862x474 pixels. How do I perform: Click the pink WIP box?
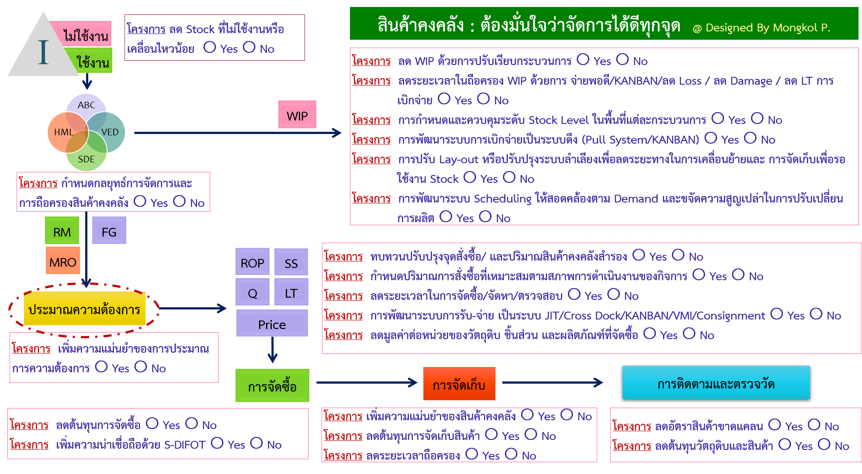[297, 115]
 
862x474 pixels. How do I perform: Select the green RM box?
[62, 231]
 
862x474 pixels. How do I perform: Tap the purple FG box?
[109, 231]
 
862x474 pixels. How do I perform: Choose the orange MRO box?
[63, 261]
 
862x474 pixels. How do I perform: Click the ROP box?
[252, 262]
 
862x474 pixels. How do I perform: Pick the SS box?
[291, 262]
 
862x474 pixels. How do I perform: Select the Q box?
[252, 292]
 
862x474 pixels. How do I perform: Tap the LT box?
[291, 292]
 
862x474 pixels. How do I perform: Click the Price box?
[272, 323]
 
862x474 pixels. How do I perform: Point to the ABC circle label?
[87, 105]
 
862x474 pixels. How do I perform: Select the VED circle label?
[110, 132]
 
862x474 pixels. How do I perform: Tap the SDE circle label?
[86, 159]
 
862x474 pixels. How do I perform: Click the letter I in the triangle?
[43, 53]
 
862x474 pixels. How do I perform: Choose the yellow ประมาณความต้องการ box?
[84, 309]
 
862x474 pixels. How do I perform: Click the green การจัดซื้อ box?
[272, 386]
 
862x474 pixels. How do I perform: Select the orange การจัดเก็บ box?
[459, 384]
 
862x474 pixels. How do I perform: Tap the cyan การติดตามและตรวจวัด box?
[716, 383]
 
